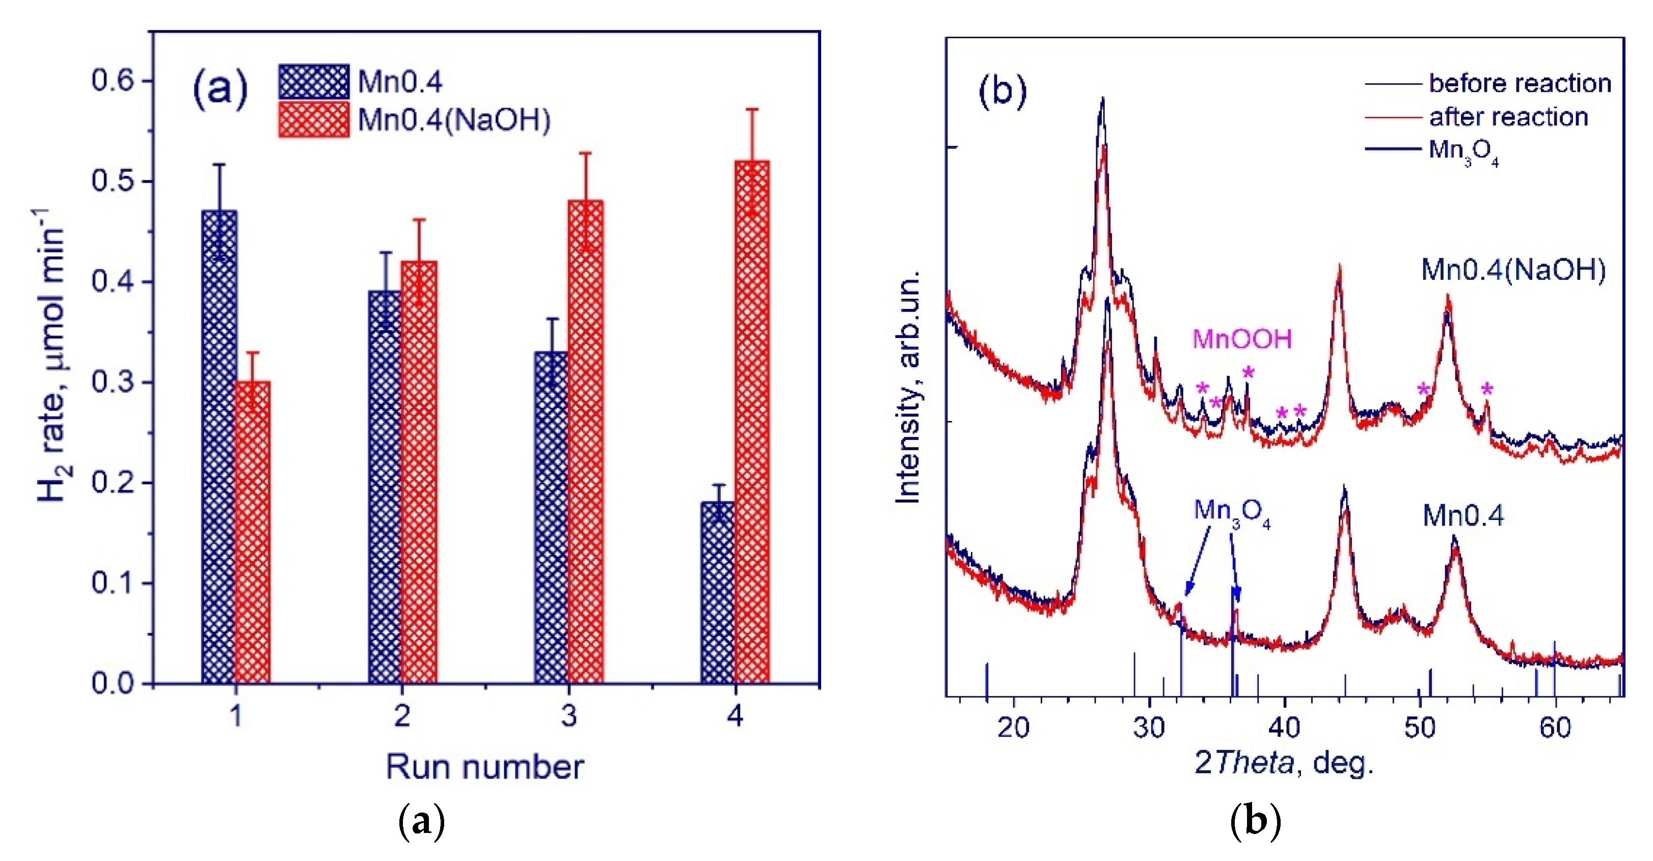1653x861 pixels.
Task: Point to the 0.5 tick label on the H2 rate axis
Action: pos(112,181)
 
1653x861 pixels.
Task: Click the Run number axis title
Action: pos(484,767)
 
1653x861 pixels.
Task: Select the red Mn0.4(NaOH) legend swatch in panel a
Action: pos(314,119)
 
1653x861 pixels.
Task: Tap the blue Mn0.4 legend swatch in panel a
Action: pos(314,82)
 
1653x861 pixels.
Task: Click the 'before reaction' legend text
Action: pos(1520,84)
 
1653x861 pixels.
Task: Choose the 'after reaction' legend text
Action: pos(1508,117)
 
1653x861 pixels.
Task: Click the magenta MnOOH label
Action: pos(1242,339)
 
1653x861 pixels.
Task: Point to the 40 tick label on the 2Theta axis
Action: pos(1284,727)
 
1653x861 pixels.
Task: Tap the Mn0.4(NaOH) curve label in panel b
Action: pos(1513,270)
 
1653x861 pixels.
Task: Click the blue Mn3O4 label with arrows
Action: pos(1231,512)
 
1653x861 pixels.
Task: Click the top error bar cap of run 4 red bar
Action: pos(751,110)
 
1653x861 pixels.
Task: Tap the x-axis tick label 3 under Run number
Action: pos(568,715)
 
